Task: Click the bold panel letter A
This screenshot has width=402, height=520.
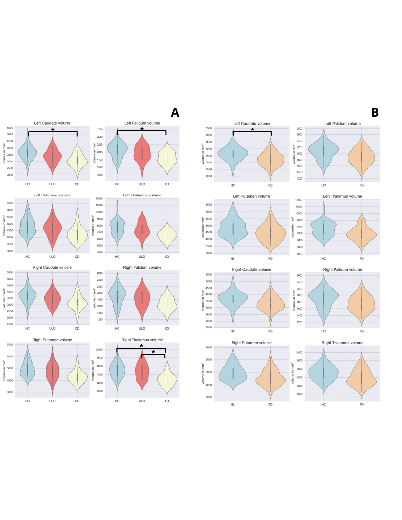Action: pyautogui.click(x=175, y=113)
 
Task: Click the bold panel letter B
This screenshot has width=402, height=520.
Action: pyautogui.click(x=375, y=113)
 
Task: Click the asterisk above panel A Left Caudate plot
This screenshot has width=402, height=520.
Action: pyautogui.click(x=53, y=130)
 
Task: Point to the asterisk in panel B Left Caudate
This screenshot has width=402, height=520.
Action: pyautogui.click(x=252, y=130)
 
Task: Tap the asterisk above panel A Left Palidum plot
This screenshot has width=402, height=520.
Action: pyautogui.click(x=142, y=129)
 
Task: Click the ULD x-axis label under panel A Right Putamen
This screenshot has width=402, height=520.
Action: pyautogui.click(x=53, y=401)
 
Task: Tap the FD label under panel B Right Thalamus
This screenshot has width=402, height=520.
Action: pyautogui.click(x=361, y=405)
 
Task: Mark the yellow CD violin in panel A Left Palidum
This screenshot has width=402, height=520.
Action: pyautogui.click(x=167, y=157)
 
